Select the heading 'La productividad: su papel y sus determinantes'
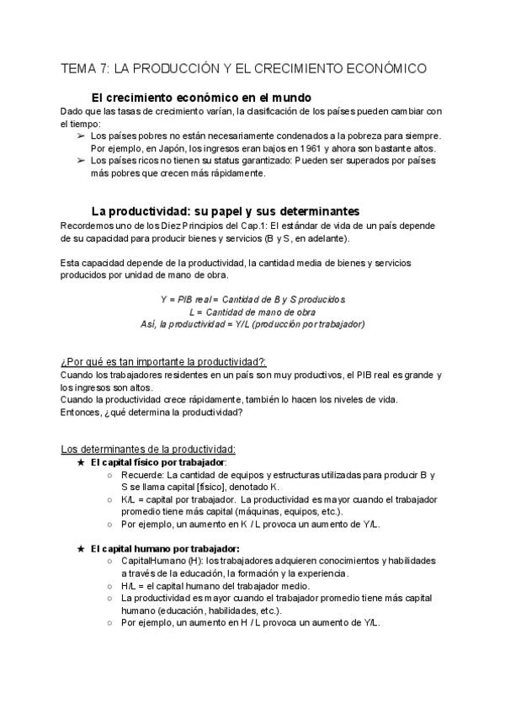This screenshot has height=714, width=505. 225,210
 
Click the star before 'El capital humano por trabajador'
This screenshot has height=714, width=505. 80,548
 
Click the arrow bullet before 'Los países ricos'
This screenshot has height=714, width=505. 80,161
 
